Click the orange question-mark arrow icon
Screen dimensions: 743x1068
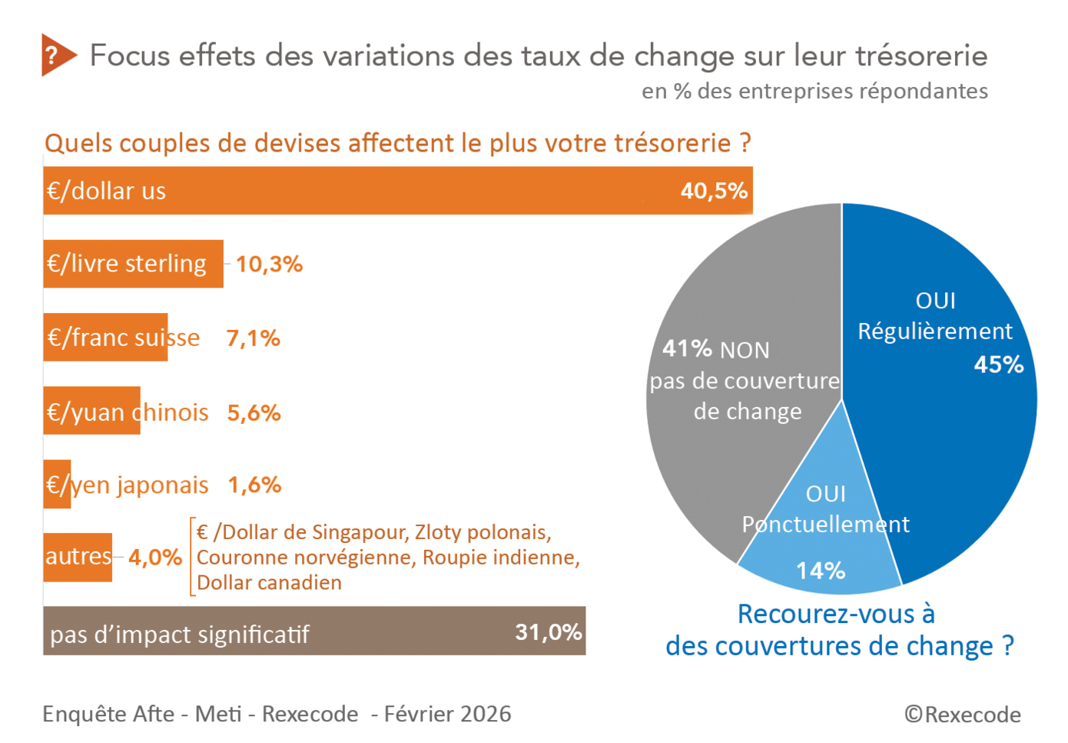point(57,55)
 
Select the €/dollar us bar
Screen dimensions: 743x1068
point(384,191)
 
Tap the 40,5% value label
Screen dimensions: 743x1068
point(713,191)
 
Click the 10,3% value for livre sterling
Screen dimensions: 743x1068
point(269,265)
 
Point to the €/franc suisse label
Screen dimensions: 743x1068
point(123,338)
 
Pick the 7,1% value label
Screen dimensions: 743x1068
point(253,338)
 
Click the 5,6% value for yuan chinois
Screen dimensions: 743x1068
point(254,413)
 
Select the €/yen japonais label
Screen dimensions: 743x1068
point(127,485)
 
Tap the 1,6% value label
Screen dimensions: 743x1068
point(254,485)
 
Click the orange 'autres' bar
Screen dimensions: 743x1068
point(78,556)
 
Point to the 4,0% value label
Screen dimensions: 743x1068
point(155,558)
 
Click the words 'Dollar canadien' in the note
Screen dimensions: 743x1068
point(269,583)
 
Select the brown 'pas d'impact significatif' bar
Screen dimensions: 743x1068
point(307,632)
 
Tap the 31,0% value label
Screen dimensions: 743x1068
point(548,632)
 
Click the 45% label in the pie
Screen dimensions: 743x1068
point(998,365)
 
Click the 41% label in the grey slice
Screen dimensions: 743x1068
point(687,348)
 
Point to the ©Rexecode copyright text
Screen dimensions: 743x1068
point(962,715)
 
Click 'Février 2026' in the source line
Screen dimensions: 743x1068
point(447,715)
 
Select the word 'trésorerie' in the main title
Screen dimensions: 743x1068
point(921,56)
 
